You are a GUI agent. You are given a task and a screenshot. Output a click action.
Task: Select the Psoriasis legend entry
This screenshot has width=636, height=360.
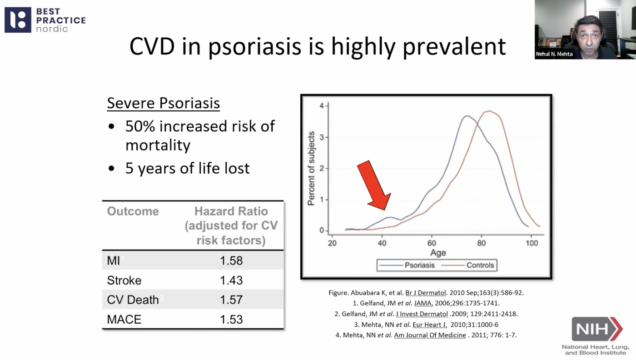coord(419,265)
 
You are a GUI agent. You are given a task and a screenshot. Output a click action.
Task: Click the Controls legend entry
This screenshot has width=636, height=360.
coord(480,265)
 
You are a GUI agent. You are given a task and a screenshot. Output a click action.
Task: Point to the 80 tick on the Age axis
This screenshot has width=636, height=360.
coord(482,243)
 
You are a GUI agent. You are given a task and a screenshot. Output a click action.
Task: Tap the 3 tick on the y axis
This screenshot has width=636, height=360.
coord(322,137)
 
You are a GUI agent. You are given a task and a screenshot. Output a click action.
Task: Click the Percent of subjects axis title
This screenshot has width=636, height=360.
coord(312,169)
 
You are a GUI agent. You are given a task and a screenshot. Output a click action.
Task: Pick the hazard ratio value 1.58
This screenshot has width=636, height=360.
coord(231,260)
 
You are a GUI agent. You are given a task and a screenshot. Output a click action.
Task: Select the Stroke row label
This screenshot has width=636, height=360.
coord(124,280)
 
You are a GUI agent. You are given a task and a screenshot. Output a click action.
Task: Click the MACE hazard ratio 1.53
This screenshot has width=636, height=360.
coord(231,320)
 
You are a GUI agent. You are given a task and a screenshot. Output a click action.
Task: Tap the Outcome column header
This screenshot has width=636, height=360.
coord(133,211)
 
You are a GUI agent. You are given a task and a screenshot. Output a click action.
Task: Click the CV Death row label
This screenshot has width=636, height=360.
coord(133,300)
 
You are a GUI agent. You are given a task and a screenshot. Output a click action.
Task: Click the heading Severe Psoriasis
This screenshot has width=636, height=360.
coord(163,103)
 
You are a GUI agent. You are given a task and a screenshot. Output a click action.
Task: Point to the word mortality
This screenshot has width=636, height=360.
coord(158,145)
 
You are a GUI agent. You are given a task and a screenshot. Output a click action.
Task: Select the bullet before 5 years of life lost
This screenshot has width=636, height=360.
coord(112,169)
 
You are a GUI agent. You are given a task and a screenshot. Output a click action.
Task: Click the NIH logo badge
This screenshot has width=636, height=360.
coord(596,329)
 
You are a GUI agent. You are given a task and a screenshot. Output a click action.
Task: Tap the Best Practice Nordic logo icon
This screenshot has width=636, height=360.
coord(18,20)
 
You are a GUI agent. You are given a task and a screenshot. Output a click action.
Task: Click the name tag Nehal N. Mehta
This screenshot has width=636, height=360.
coord(554,54)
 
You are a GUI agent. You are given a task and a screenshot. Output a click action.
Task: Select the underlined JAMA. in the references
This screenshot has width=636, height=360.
coord(423,303)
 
